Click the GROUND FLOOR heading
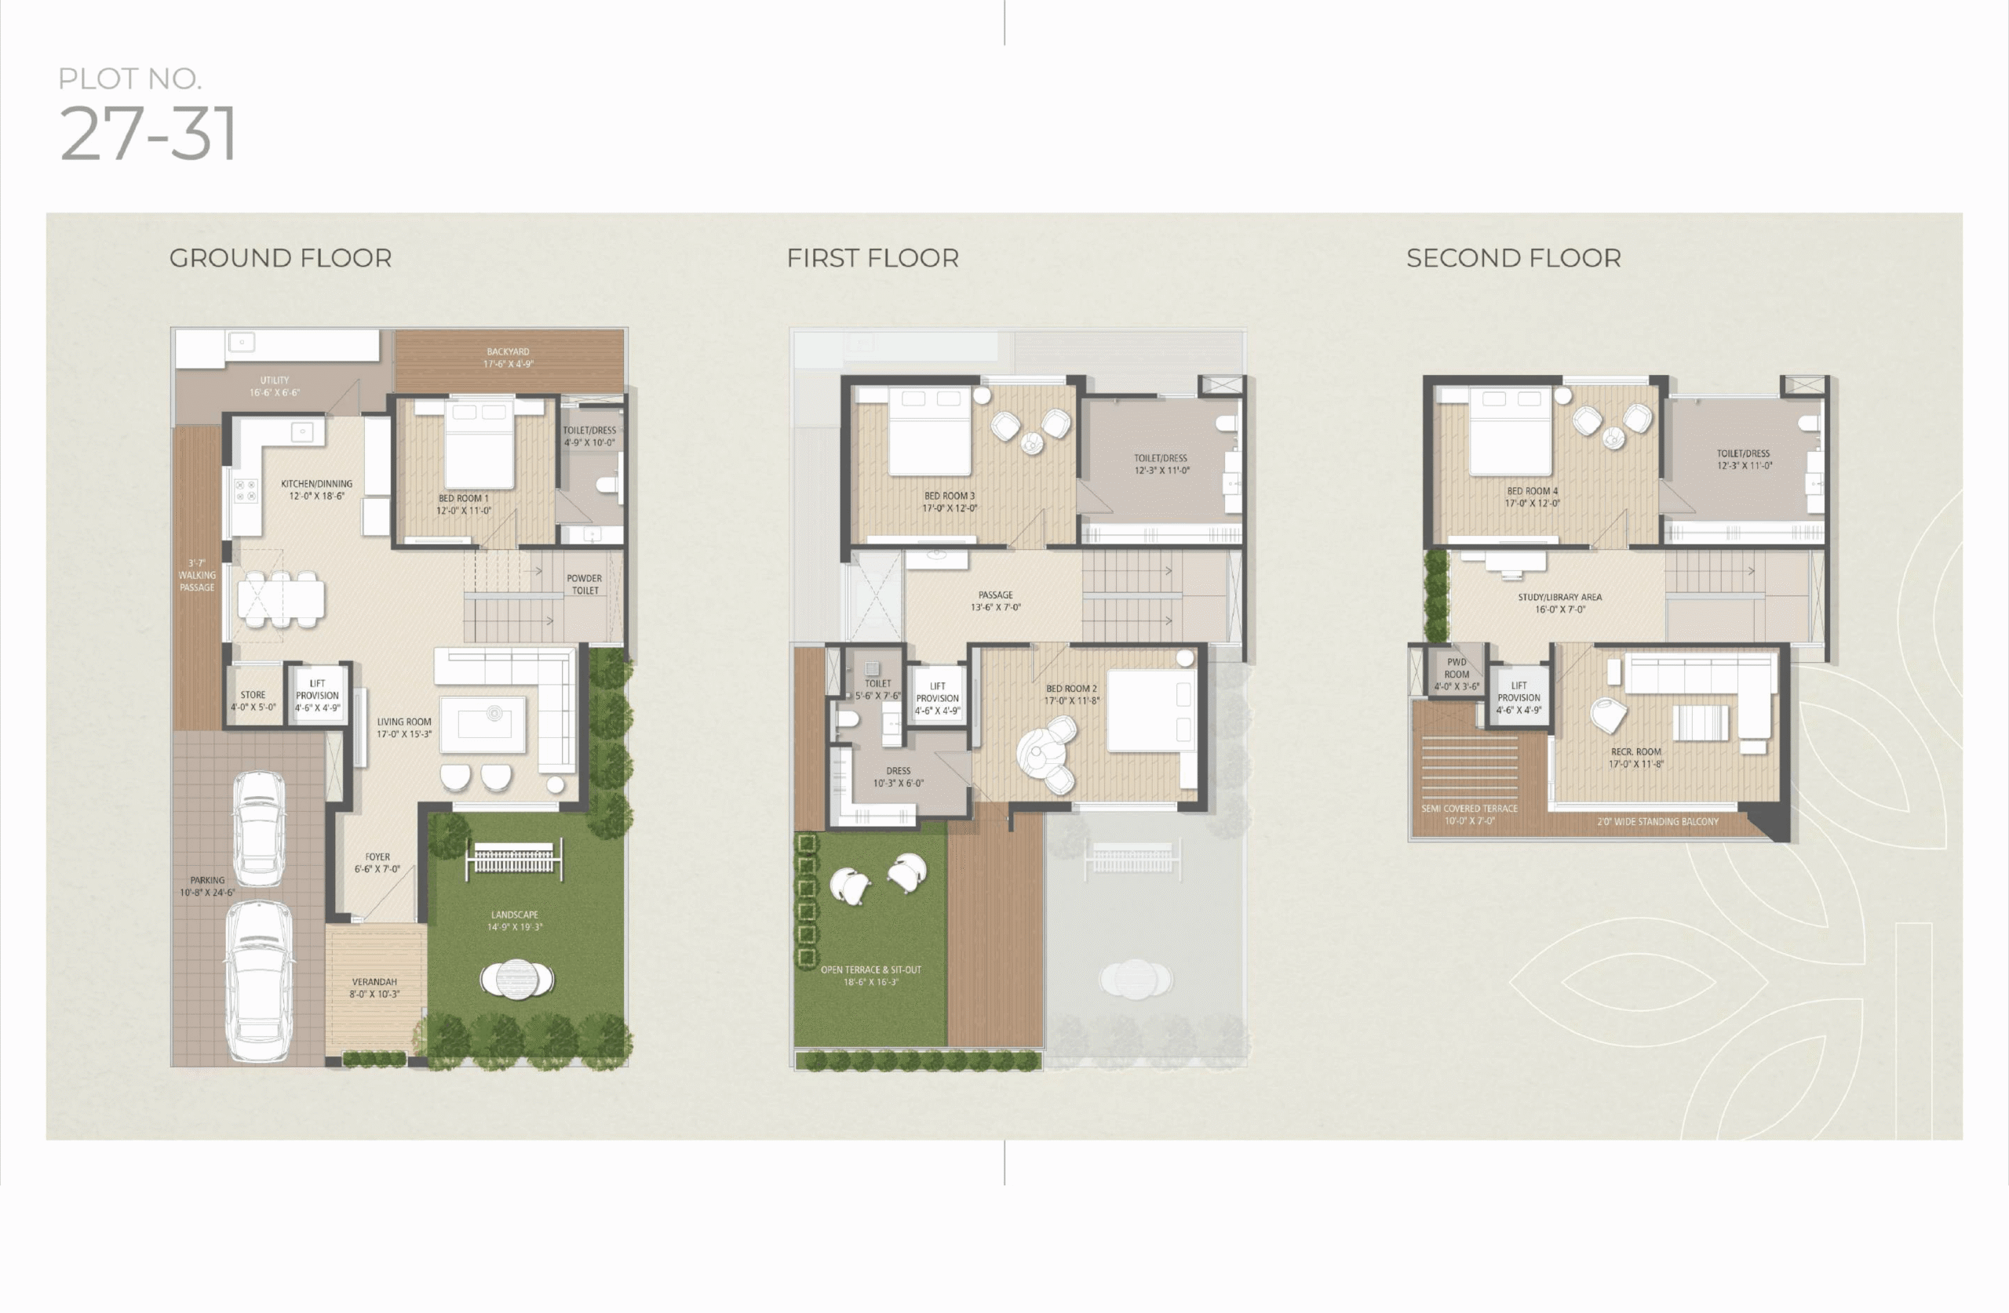click(x=280, y=258)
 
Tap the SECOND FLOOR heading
click(x=1514, y=258)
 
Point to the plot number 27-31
click(x=148, y=133)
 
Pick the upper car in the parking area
click(x=259, y=828)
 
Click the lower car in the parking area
click(x=260, y=981)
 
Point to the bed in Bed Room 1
click(x=479, y=444)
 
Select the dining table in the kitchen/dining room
click(x=280, y=599)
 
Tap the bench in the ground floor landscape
click(x=514, y=860)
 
